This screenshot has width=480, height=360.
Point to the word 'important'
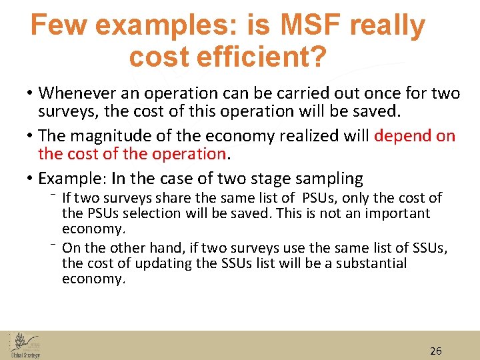click(397, 213)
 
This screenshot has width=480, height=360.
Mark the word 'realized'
click(306, 136)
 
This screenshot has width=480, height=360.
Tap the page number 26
click(436, 351)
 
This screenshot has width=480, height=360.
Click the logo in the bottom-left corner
click(25, 345)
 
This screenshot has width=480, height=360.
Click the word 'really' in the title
click(387, 25)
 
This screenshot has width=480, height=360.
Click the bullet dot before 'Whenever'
click(31, 94)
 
